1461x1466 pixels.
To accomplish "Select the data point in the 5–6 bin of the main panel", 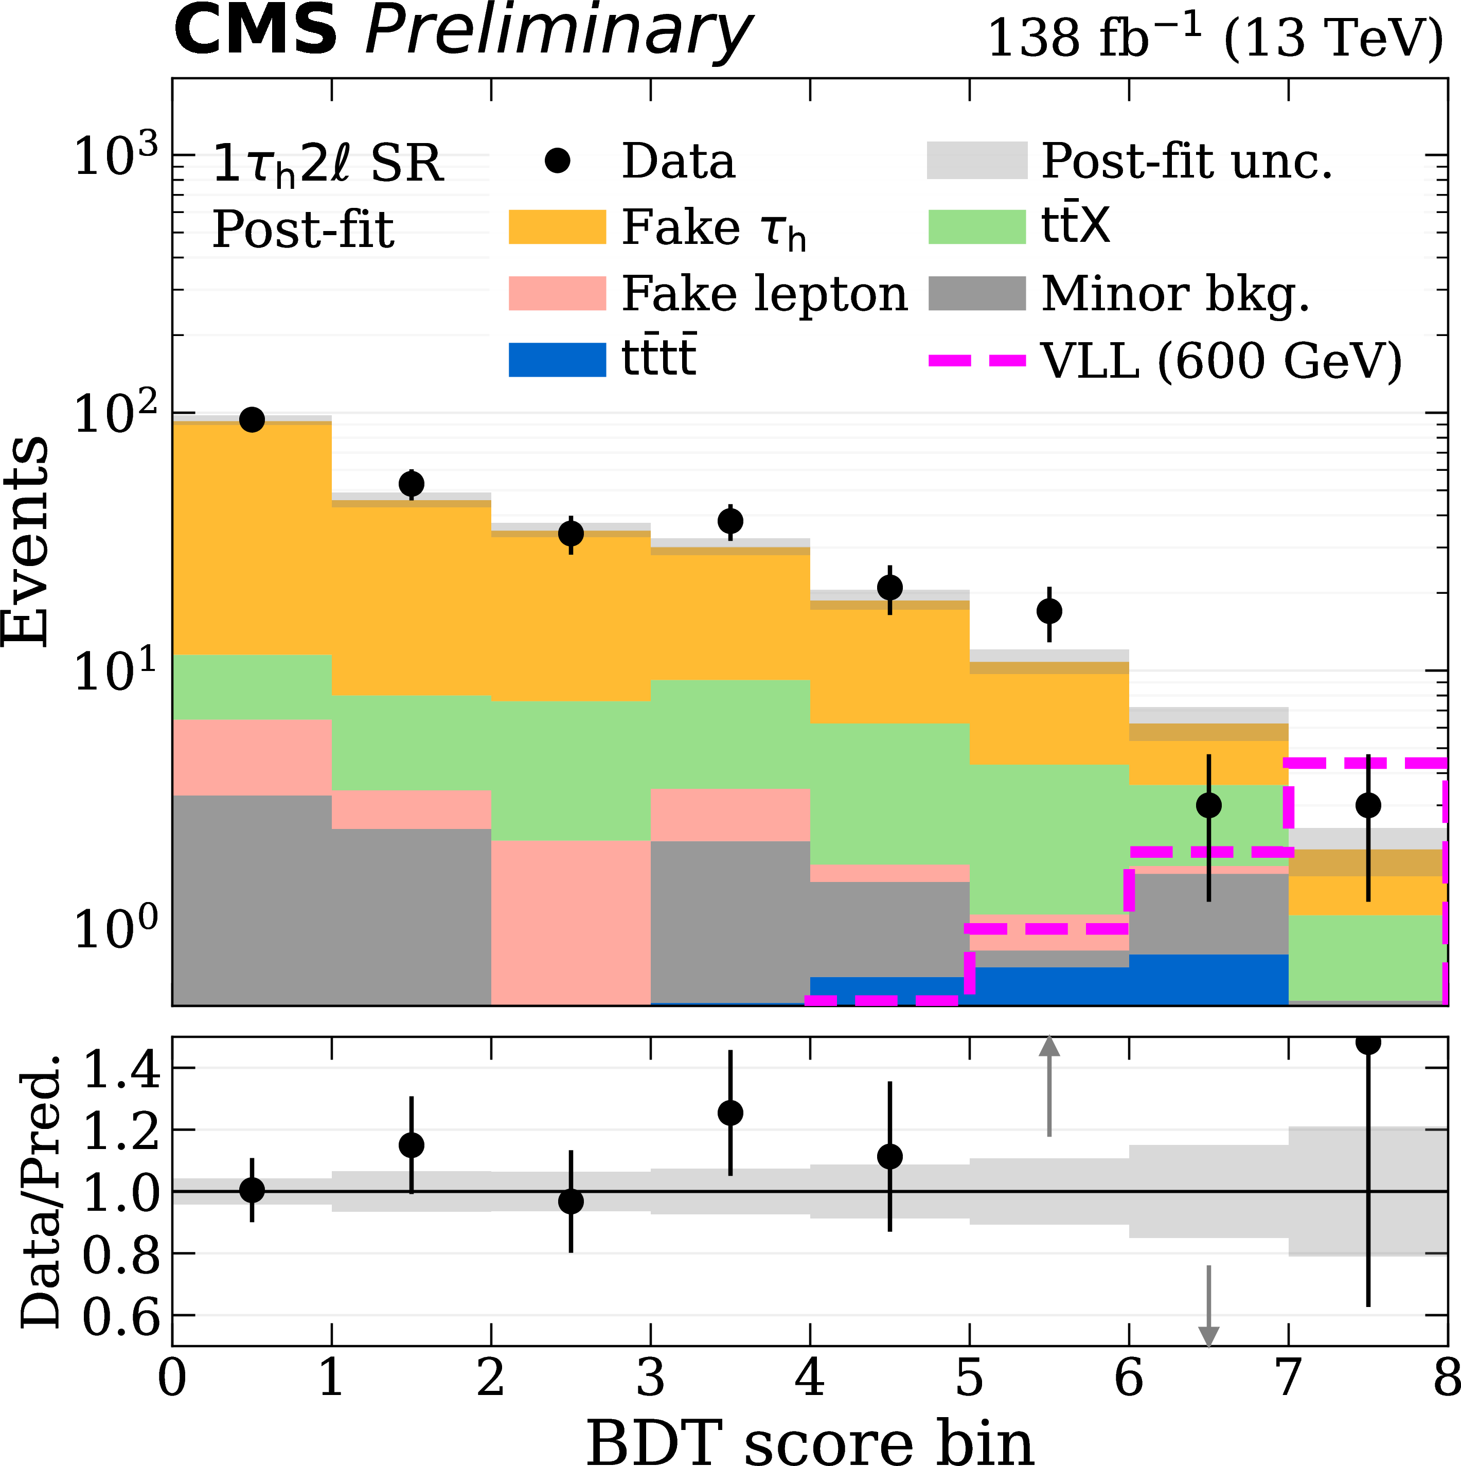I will [x=1049, y=611].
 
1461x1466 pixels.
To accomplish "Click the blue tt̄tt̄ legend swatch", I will [x=557, y=360].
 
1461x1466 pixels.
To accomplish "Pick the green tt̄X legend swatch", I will [x=977, y=227].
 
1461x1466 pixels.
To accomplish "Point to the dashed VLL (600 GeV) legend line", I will [x=977, y=360].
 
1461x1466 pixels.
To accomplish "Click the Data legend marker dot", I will [x=558, y=161].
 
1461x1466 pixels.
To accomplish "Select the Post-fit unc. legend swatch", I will [x=977, y=161].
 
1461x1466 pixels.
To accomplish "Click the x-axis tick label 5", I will [x=969, y=1377].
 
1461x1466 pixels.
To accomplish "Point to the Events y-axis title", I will [x=27, y=542].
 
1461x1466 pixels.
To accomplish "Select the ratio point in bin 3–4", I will [x=730, y=1113].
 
